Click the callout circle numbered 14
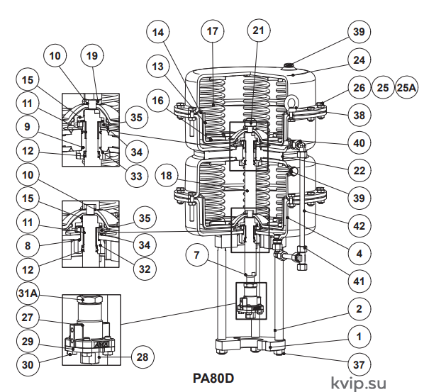click(x=158, y=32)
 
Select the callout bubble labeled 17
click(x=213, y=31)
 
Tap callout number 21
click(x=258, y=30)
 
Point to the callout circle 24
click(x=359, y=60)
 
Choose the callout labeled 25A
click(x=406, y=88)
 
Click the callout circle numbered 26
click(x=359, y=88)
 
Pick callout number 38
click(x=359, y=116)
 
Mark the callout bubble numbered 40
click(x=359, y=143)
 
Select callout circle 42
click(x=359, y=226)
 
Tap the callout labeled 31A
click(x=28, y=293)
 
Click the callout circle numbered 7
click(x=197, y=255)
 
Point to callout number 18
click(x=167, y=176)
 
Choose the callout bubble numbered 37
click(x=359, y=364)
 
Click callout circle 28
click(x=143, y=357)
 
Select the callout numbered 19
click(x=92, y=56)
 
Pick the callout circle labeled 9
click(x=28, y=127)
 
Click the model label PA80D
click(x=213, y=379)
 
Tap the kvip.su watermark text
click(x=359, y=383)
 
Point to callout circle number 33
click(x=137, y=177)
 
